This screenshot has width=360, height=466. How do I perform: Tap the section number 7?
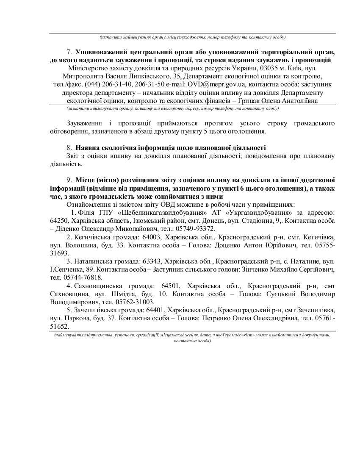70,52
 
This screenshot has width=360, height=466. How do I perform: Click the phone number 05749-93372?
199,228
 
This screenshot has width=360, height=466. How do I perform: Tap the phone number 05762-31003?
136,302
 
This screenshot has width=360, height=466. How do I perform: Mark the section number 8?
70,148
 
